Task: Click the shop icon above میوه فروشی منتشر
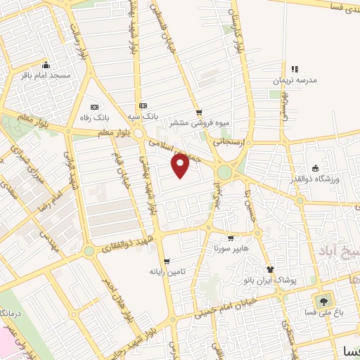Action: click(199, 112)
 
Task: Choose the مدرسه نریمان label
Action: click(295, 81)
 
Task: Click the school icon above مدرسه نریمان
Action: click(295, 69)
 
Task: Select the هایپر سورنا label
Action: click(228, 249)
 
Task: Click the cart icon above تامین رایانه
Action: click(167, 261)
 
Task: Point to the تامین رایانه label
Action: click(166, 271)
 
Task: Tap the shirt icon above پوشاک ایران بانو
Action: click(269, 269)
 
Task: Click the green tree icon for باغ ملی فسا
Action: click(323, 301)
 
